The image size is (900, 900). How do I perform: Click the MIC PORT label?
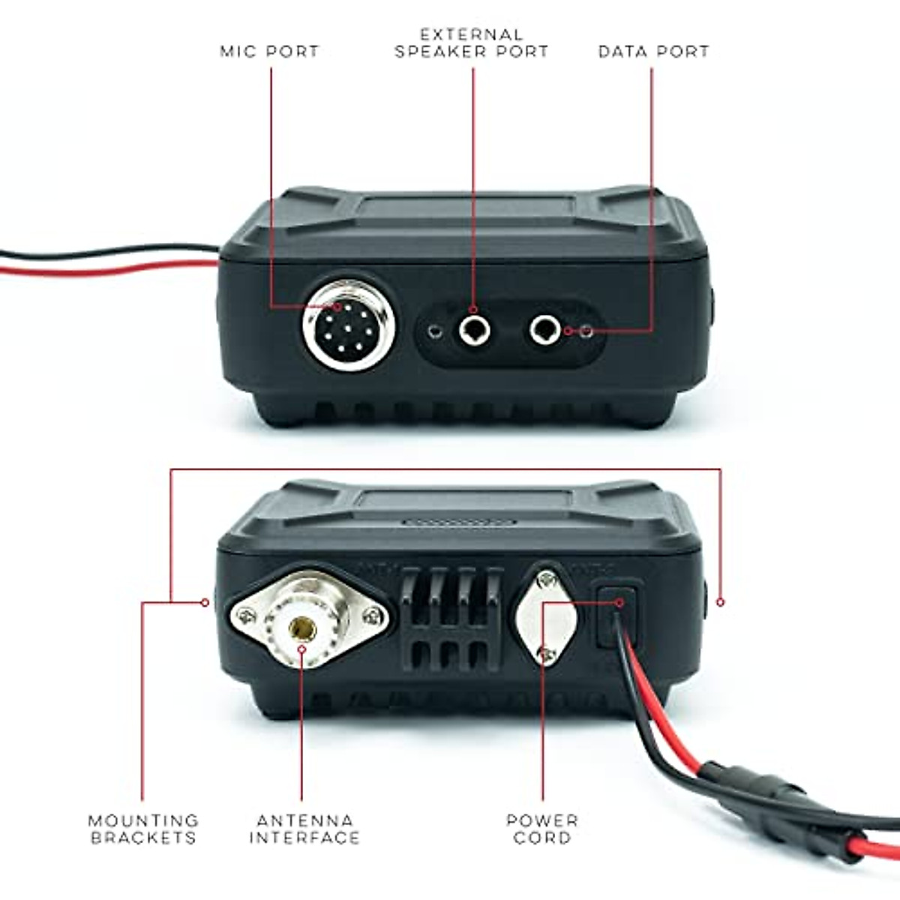tap(269, 52)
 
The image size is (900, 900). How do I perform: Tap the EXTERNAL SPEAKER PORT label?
tap(472, 43)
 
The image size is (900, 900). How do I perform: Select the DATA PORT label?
tap(653, 52)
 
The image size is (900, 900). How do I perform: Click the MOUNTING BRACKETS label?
tap(143, 829)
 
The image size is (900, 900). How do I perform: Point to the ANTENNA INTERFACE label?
tap(304, 829)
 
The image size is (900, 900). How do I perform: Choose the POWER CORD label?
tap(542, 829)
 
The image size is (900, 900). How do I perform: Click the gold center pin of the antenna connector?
tap(302, 625)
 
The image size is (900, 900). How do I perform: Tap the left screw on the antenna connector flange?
tap(244, 617)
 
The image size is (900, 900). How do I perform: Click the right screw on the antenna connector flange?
tap(370, 617)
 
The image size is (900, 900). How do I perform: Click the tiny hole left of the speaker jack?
tap(433, 331)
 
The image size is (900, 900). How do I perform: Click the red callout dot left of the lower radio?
tap(205, 601)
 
